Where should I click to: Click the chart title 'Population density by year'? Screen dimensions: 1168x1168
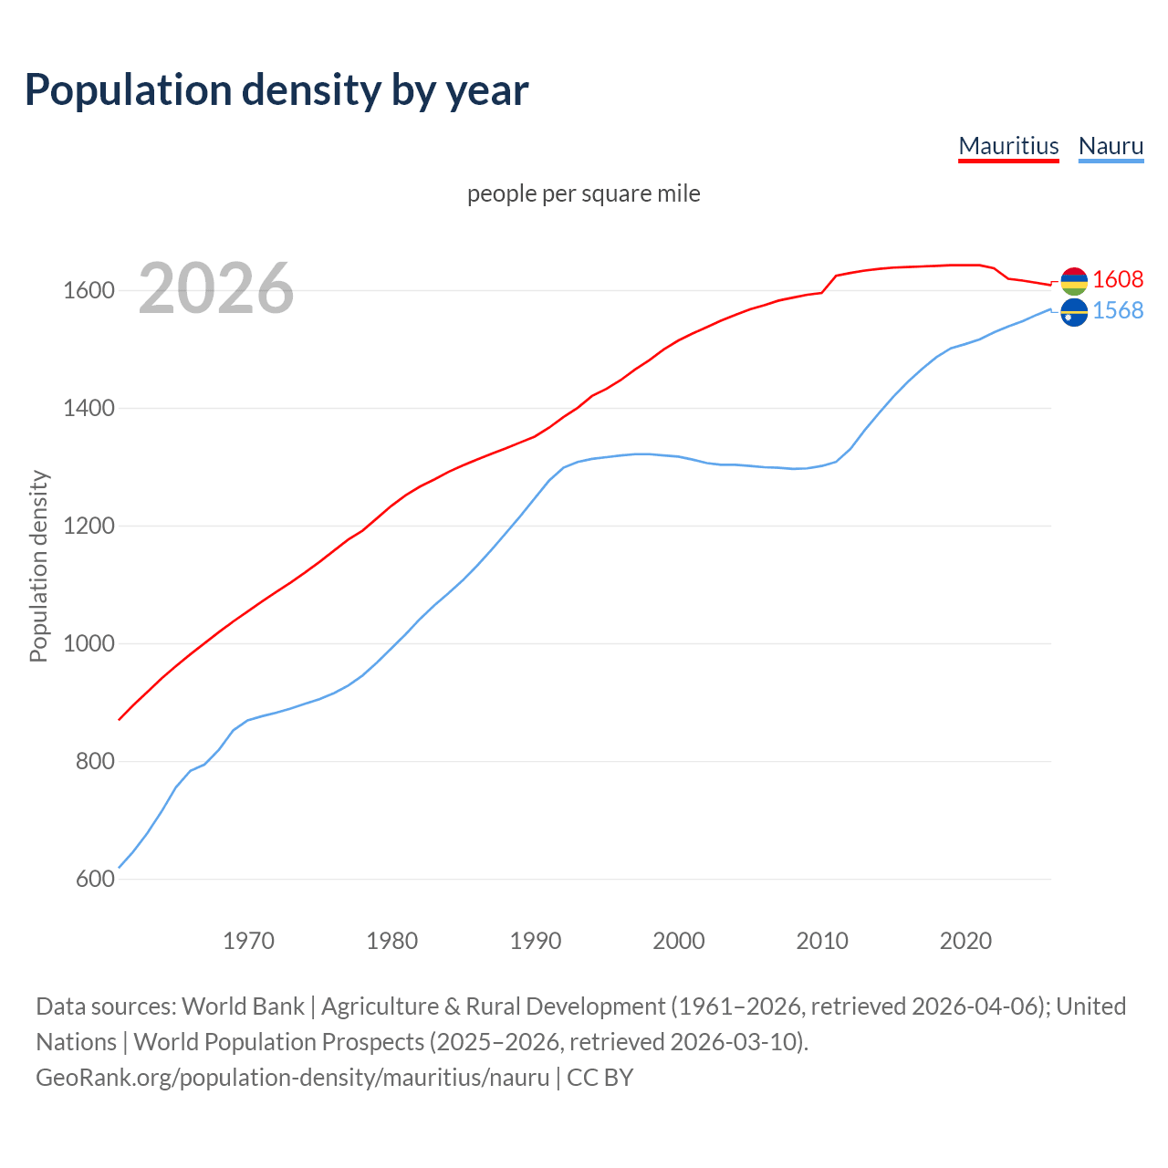[x=276, y=89]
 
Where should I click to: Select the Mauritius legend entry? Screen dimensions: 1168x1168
[x=1008, y=146]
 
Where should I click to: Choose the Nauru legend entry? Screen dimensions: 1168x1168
[x=1111, y=146]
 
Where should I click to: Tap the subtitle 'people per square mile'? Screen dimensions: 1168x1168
[x=583, y=193]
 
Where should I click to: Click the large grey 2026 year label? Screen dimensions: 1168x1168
[x=216, y=288]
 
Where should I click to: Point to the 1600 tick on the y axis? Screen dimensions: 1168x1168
[x=89, y=291]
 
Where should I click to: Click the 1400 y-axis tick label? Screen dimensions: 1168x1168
[x=89, y=409]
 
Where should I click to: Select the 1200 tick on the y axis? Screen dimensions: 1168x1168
[x=89, y=527]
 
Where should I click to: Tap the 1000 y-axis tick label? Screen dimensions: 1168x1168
[x=89, y=644]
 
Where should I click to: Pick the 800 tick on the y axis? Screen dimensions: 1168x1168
[x=95, y=762]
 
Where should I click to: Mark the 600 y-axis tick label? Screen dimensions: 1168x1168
[x=95, y=880]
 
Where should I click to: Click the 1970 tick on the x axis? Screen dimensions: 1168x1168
[x=248, y=941]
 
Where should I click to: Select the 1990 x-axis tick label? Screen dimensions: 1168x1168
[x=536, y=941]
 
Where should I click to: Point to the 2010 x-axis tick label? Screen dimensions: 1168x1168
[x=822, y=941]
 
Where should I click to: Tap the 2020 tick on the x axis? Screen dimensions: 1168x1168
[x=965, y=941]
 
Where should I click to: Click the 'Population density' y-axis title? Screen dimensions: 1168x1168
[x=38, y=566]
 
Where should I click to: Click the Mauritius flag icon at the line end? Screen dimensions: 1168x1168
[x=1074, y=281]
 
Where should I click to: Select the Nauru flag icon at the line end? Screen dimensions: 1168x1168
[x=1074, y=312]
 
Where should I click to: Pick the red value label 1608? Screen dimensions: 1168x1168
[x=1118, y=279]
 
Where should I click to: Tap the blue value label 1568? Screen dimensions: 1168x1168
[x=1118, y=311]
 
